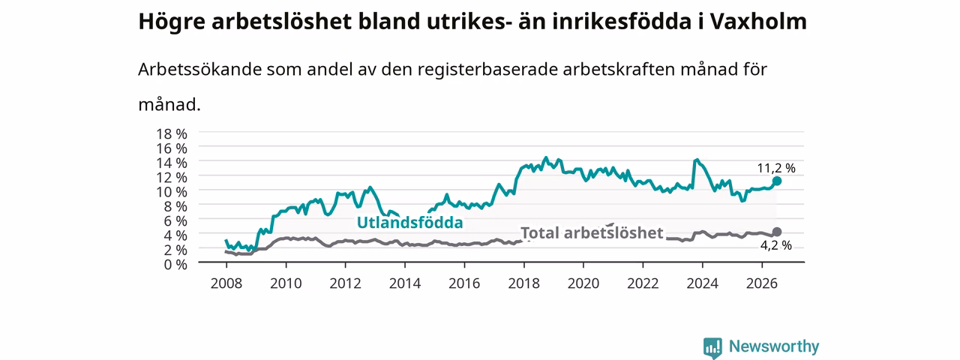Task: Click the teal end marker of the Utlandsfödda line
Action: (776, 181)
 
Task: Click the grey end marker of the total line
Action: (776, 232)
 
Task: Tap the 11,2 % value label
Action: (776, 169)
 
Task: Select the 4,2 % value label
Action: (776, 245)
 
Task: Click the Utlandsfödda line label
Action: (410, 223)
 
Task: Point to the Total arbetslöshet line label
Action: (592, 233)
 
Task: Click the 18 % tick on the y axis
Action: (172, 134)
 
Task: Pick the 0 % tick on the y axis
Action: (175, 265)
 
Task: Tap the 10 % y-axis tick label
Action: (172, 192)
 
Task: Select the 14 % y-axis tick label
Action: (172, 163)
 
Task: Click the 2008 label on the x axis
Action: (226, 283)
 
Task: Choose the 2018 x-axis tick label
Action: (523, 283)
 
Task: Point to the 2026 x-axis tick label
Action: (762, 283)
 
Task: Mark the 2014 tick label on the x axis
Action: (405, 283)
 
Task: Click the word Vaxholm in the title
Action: (758, 22)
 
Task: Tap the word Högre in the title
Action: (172, 22)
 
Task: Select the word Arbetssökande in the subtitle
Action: (199, 69)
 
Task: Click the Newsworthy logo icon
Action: (712, 347)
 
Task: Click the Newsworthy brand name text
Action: (774, 346)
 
